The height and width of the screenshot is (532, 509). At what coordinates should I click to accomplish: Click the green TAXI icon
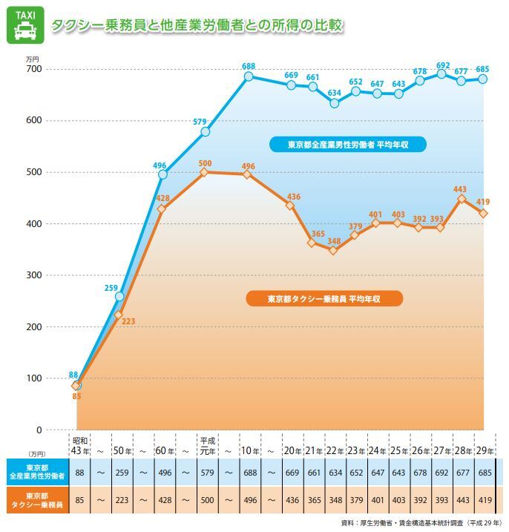24,25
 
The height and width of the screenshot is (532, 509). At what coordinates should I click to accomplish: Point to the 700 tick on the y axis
33,69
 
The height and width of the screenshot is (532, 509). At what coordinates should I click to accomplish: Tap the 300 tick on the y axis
33,275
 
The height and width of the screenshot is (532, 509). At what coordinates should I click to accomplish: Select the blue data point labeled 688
249,76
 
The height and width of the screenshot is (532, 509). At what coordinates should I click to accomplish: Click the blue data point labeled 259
119,297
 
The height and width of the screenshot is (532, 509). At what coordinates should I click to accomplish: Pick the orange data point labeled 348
334,250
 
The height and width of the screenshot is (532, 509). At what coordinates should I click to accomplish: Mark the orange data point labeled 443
462,199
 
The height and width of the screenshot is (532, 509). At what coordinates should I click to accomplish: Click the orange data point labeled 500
206,172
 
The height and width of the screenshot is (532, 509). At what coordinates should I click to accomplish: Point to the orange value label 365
318,234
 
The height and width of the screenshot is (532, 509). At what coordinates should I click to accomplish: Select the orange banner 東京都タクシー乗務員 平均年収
324,299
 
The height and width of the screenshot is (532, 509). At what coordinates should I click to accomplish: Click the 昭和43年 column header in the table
80,446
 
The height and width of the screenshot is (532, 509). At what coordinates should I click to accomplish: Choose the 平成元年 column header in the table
207,446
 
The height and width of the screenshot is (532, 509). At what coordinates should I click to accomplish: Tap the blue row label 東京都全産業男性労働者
36,473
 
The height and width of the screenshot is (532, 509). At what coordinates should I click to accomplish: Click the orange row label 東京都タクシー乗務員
36,499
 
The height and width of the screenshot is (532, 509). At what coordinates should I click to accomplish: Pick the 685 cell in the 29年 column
483,473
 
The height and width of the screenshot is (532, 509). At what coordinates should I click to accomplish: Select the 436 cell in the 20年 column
292,499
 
